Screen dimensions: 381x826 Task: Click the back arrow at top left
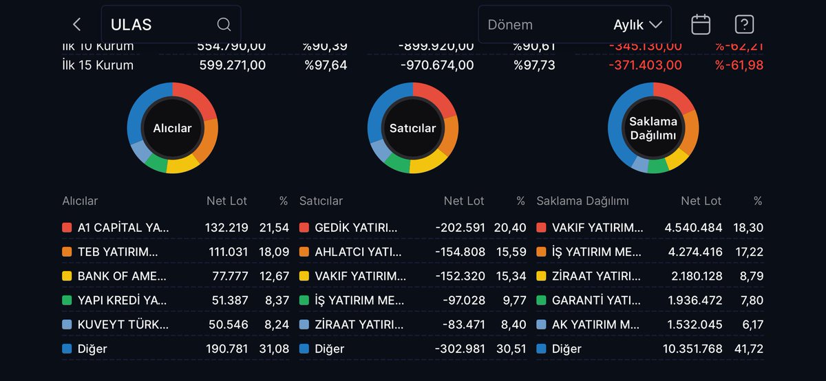pyautogui.click(x=76, y=25)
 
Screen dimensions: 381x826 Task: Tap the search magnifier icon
pyautogui.click(x=224, y=25)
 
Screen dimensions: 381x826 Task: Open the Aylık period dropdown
pyautogui.click(x=637, y=25)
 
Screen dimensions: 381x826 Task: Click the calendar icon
pyautogui.click(x=701, y=25)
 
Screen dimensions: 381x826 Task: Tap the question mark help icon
pyautogui.click(x=744, y=25)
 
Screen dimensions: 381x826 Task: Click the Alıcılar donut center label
pyautogui.click(x=172, y=128)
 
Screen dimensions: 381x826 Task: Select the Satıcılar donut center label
pyautogui.click(x=412, y=128)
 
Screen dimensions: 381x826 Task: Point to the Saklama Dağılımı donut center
pyautogui.click(x=653, y=128)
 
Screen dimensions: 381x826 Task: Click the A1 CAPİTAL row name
pyautogui.click(x=123, y=228)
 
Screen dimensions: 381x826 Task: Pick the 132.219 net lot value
pyautogui.click(x=226, y=228)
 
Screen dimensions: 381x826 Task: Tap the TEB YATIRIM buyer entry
pyautogui.click(x=118, y=252)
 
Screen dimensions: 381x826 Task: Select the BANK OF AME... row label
pyautogui.click(x=122, y=276)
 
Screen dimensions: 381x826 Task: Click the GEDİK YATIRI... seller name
pyautogui.click(x=356, y=228)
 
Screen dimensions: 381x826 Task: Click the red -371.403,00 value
pyautogui.click(x=645, y=65)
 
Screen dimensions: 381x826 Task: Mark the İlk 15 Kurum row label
pyautogui.click(x=98, y=65)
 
